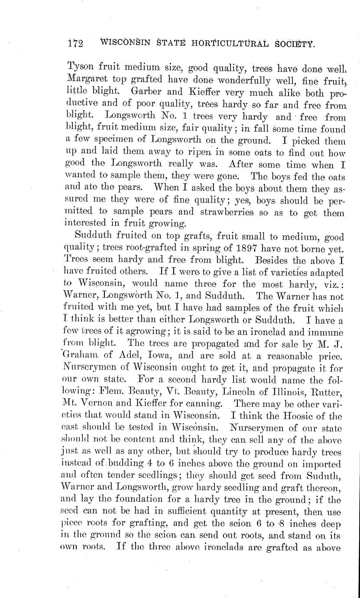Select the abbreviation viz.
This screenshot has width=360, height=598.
pyautogui.click(x=333, y=285)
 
